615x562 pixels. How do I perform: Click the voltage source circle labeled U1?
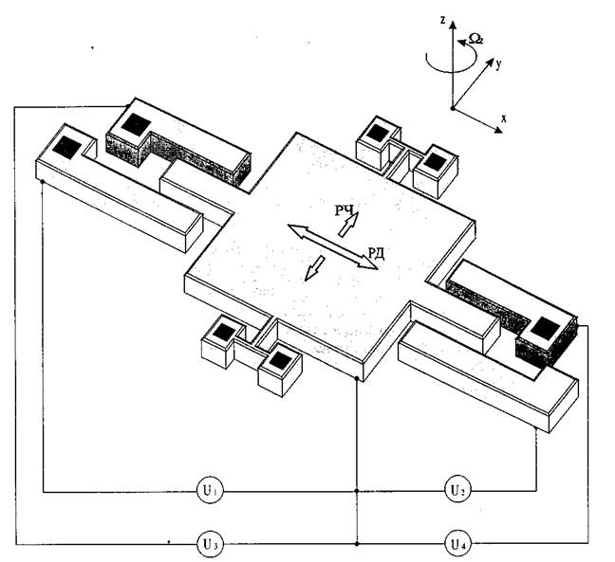[211, 490]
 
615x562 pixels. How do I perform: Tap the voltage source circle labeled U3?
[211, 544]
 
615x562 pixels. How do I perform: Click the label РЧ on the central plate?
[345, 210]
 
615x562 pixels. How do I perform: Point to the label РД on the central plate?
[376, 254]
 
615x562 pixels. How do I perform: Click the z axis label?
[442, 20]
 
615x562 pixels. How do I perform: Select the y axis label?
[497, 63]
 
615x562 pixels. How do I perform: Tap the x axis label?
[504, 118]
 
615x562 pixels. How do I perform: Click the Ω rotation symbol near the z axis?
[476, 39]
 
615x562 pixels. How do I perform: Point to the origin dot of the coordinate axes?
[452, 108]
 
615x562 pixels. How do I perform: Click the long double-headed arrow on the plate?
[332, 246]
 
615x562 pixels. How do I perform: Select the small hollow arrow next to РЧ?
[348, 225]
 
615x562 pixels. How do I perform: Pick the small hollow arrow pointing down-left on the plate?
[315, 268]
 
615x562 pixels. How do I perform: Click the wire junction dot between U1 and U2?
[357, 491]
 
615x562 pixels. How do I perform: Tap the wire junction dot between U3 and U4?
[357, 544]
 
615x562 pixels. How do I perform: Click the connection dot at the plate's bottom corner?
[357, 379]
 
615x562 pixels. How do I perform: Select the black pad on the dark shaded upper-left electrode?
[136, 124]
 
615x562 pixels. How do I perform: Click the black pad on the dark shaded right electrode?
[545, 328]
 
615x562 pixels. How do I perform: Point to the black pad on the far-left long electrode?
[66, 148]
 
